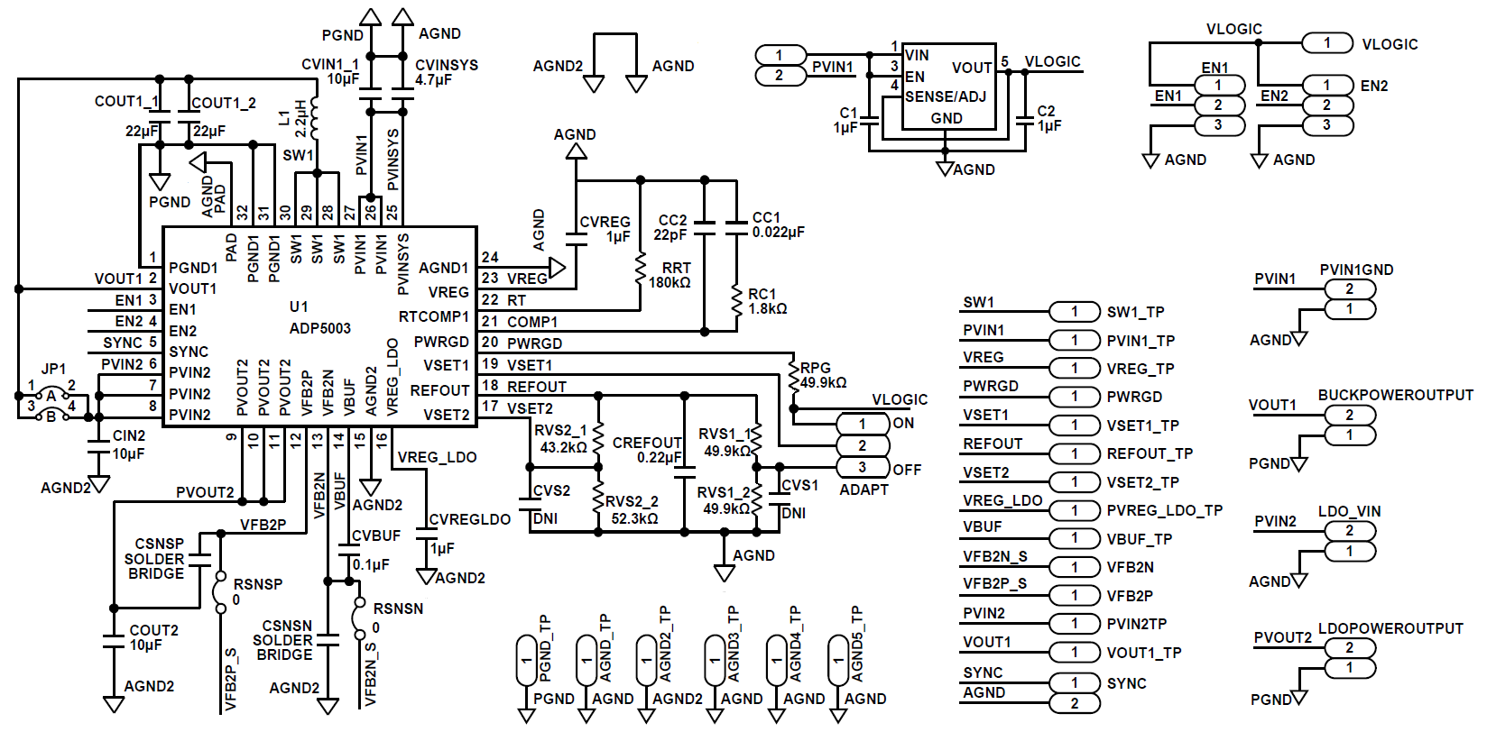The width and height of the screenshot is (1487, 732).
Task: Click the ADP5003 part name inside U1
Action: tap(319, 328)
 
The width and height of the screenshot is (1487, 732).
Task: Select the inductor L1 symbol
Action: tap(314, 118)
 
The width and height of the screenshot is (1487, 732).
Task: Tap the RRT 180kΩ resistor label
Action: tap(670, 275)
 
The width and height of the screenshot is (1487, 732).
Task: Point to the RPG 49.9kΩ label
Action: tap(822, 375)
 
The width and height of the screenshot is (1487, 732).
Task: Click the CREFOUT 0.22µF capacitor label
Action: tap(647, 450)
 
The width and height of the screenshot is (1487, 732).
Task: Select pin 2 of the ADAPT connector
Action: tap(862, 445)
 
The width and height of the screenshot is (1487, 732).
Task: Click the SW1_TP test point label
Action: tap(1135, 312)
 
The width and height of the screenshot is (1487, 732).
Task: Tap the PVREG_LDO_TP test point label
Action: tap(1164, 510)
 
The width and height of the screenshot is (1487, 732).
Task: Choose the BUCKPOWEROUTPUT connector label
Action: tap(1395, 395)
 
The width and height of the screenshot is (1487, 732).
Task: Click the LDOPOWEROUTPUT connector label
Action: tap(1390, 628)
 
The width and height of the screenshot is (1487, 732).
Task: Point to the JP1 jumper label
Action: tap(53, 369)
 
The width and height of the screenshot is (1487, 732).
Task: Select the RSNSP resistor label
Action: tap(257, 584)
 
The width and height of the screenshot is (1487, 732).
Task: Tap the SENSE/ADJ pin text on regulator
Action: tap(945, 96)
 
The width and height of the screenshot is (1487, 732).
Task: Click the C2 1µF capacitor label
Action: tap(1047, 118)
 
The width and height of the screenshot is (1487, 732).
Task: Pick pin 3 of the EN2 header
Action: tap(1326, 125)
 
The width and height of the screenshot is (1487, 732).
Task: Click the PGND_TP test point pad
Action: tap(526, 661)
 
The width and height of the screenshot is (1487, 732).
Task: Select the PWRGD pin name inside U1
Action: tap(441, 342)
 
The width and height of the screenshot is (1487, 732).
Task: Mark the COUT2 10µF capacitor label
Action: tap(153, 637)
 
